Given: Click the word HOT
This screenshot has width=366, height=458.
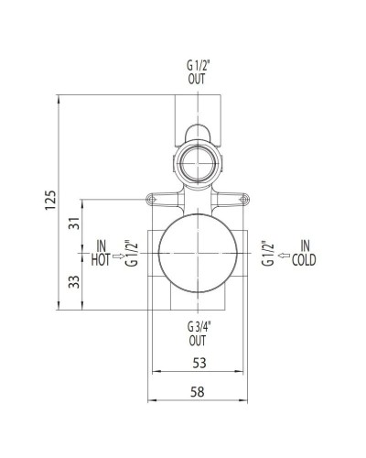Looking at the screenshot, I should (x=100, y=259).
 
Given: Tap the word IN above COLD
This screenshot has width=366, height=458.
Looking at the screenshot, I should (x=305, y=246).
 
